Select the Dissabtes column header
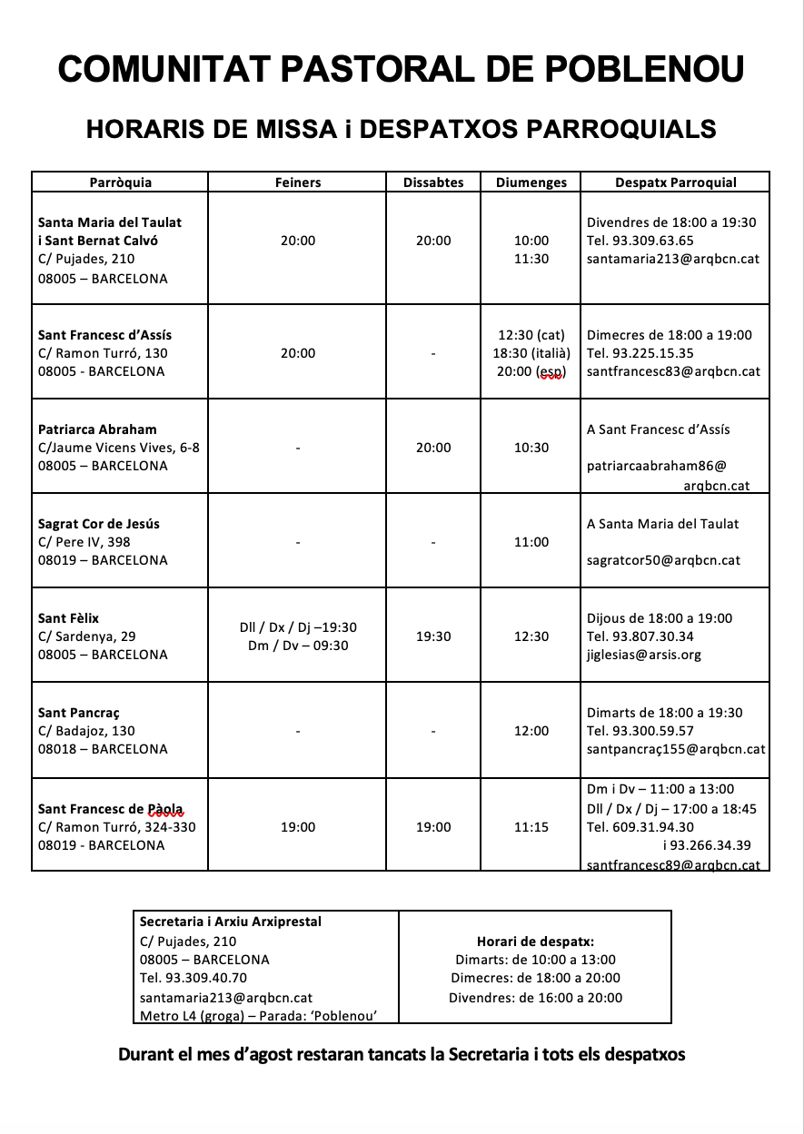tap(433, 182)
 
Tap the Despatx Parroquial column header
tap(676, 182)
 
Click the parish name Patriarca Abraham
tap(97, 429)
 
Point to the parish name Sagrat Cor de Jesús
tap(99, 524)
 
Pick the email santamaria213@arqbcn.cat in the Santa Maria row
tap(673, 259)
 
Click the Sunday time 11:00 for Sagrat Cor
tap(531, 542)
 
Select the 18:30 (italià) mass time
tap(531, 353)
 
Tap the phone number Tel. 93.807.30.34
tap(640, 636)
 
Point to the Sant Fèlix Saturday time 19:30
tap(433, 636)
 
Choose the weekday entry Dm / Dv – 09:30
tap(298, 646)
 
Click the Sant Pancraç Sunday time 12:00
tap(531, 731)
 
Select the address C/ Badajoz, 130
tap(86, 731)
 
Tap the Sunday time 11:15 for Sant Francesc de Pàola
tap(531, 827)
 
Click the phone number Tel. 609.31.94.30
tap(640, 827)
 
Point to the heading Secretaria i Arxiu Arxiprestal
tap(231, 922)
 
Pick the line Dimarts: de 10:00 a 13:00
tap(535, 960)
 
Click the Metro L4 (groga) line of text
tap(258, 1016)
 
